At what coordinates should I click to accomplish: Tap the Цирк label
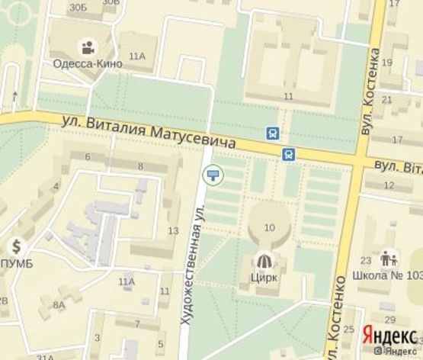pos(264,277)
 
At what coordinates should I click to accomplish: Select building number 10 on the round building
pos(268,227)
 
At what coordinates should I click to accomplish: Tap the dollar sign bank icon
pos(17,247)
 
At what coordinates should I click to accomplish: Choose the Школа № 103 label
pos(388,276)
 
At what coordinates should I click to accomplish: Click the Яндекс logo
pos(389,335)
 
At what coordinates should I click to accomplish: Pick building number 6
pos(88,157)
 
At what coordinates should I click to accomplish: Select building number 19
pos(387,61)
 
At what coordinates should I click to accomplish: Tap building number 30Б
pos(77,7)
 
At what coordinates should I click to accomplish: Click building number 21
pos(387,99)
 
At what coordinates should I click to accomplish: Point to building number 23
pos(366,259)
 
